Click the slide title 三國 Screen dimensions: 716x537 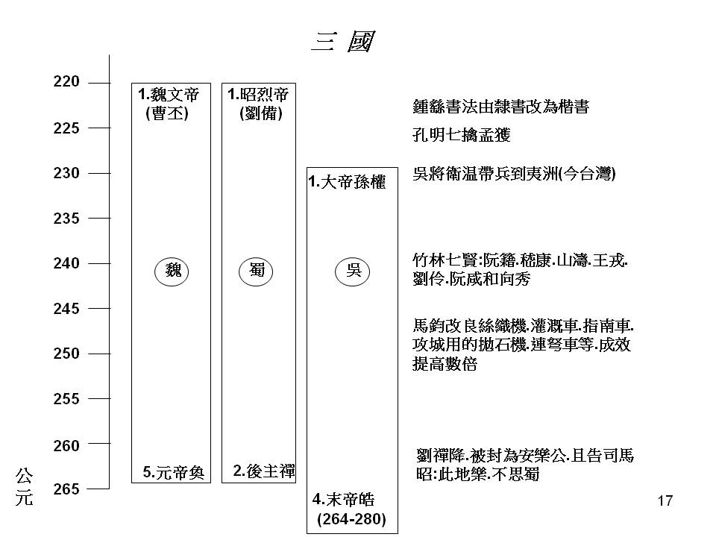point(343,41)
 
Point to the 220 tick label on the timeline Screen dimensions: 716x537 point(66,82)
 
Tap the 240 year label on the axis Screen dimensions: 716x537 point(66,263)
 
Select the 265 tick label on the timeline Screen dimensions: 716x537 point(66,489)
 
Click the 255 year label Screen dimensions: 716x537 point(66,399)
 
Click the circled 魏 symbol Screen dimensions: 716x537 point(172,271)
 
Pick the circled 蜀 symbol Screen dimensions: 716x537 point(256,271)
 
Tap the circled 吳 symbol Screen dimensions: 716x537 point(352,271)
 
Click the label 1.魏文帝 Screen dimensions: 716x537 point(169,95)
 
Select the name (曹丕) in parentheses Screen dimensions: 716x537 point(167,113)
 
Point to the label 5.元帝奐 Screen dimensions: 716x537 point(174,472)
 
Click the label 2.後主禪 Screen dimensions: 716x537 point(264,471)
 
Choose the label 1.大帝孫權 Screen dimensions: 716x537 point(347,182)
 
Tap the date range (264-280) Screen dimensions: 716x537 point(351,519)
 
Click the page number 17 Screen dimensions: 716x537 point(665,501)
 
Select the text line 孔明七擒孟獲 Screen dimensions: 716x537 point(461,135)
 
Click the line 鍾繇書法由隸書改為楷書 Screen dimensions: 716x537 point(501,107)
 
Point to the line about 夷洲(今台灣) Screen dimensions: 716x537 point(514,174)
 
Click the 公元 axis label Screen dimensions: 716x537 point(24,487)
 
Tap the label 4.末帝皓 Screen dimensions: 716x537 point(343,500)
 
